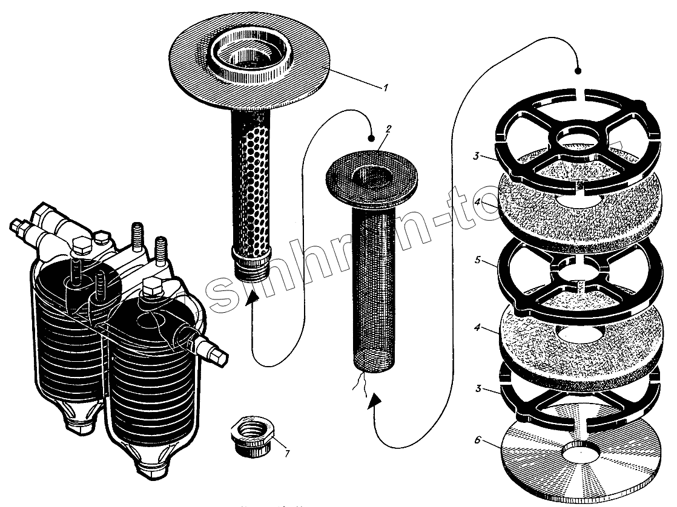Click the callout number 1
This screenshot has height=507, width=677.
pyautogui.click(x=384, y=88)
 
